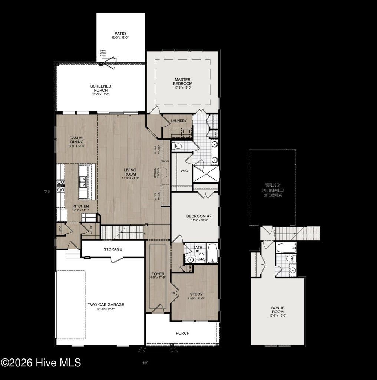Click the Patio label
(x=120, y=33)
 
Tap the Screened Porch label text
(x=100, y=88)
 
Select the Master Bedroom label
(x=183, y=81)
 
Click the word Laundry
(x=179, y=121)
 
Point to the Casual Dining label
(x=77, y=140)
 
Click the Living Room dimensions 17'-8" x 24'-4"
(x=130, y=178)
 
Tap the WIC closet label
(x=184, y=171)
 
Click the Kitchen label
(x=80, y=206)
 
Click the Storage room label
(x=113, y=249)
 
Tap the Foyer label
(x=158, y=274)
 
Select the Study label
(x=196, y=294)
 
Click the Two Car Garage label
(x=106, y=305)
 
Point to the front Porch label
(x=182, y=333)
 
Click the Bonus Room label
(x=278, y=310)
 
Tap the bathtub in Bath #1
(x=212, y=253)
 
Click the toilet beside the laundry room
(x=178, y=146)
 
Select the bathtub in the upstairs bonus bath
(x=286, y=247)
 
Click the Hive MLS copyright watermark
(x=40, y=363)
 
